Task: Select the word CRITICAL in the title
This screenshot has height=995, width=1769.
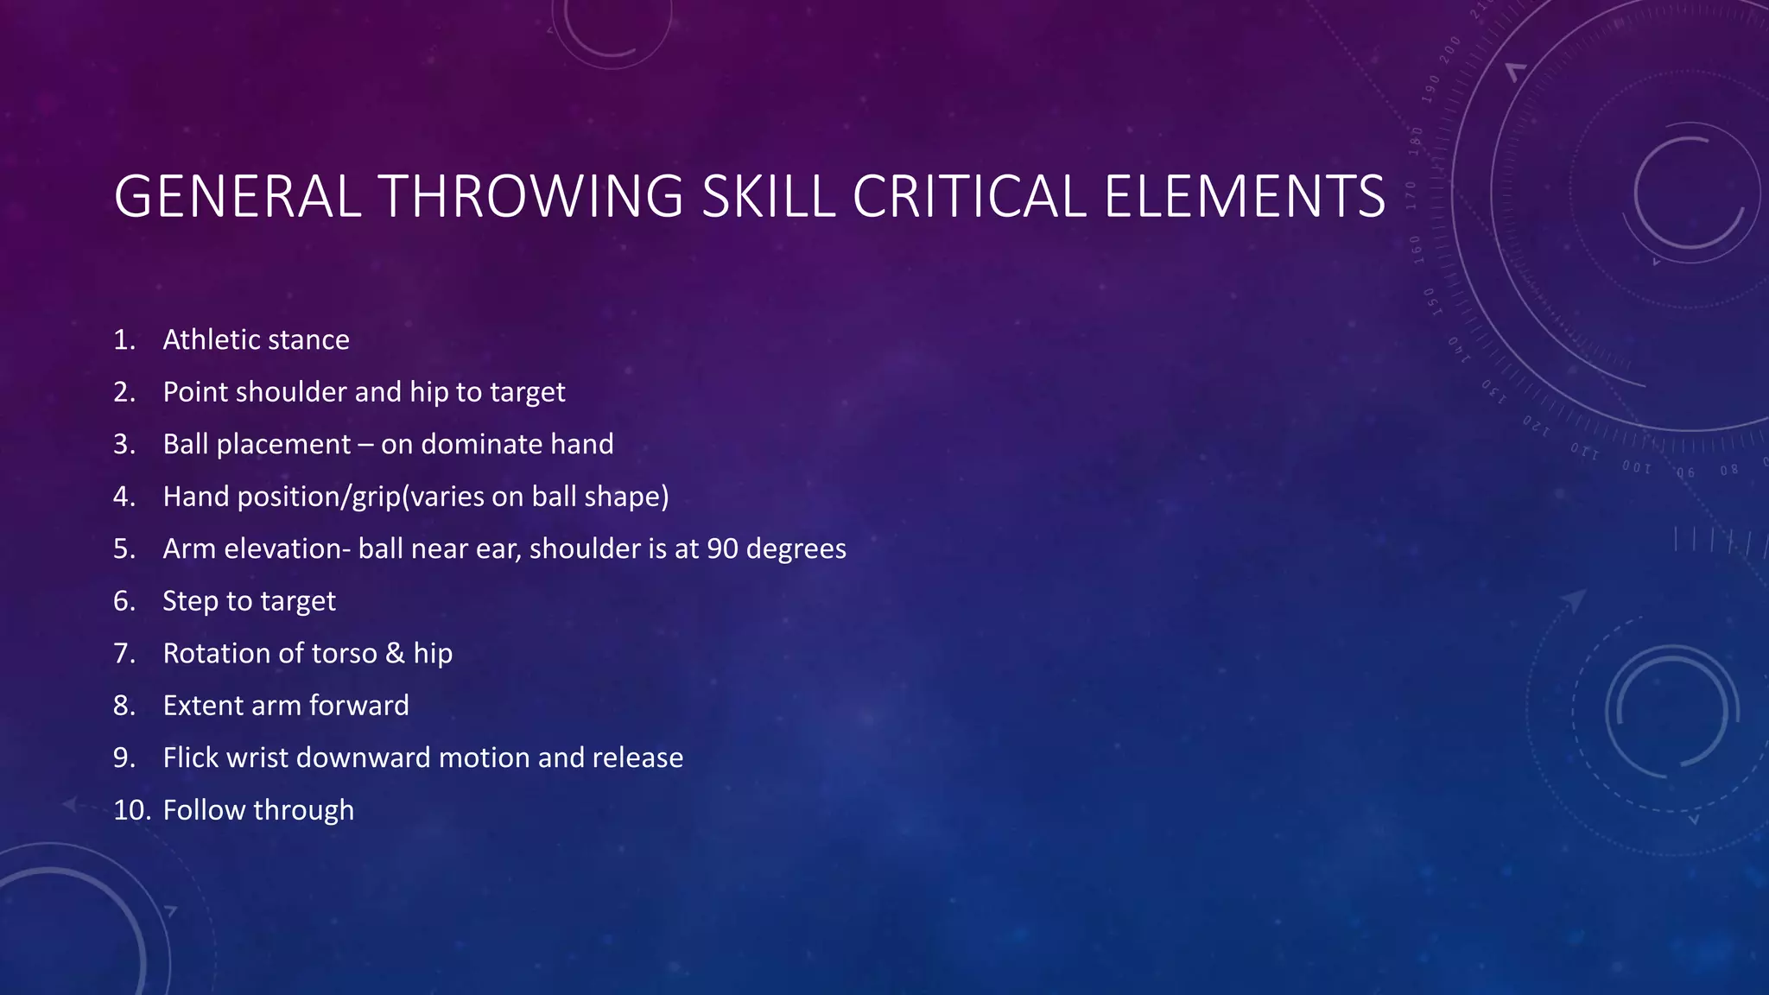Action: pos(969,197)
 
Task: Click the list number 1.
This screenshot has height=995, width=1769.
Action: pos(124,340)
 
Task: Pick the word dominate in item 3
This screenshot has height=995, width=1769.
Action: pos(473,445)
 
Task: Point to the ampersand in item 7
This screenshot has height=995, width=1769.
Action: pos(395,654)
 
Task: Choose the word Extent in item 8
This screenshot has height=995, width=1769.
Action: pos(203,706)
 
